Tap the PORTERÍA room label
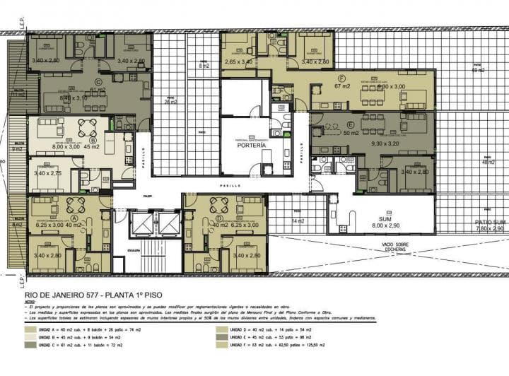click(252, 144)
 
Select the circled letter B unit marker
click(93, 141)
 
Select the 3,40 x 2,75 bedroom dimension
click(47, 172)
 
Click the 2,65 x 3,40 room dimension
click(238, 62)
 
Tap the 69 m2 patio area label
click(479, 69)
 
